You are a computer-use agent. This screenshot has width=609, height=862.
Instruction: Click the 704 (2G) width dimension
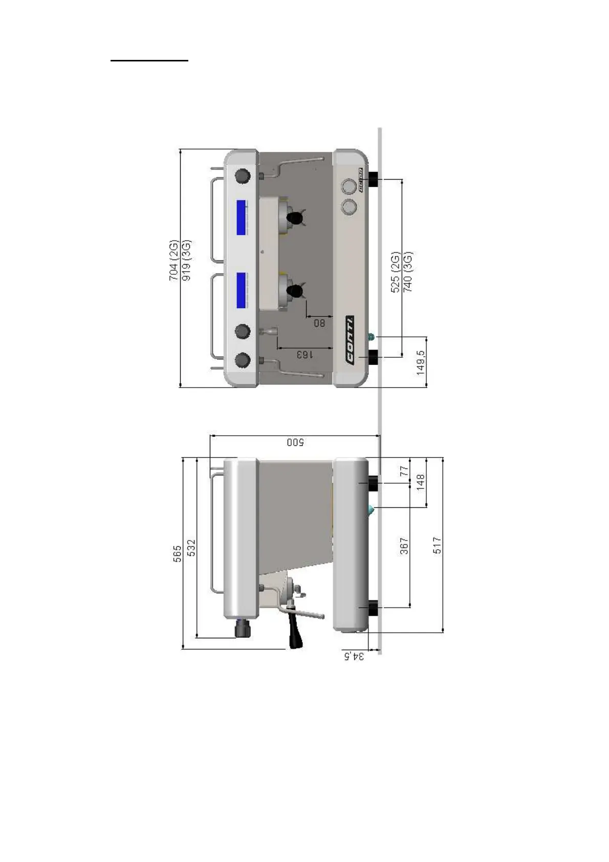click(x=173, y=260)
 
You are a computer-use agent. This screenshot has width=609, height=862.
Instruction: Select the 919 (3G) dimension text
click(x=187, y=260)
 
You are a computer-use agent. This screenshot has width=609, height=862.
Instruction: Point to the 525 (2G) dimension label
click(x=395, y=272)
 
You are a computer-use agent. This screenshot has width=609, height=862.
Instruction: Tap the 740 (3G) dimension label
click(x=408, y=272)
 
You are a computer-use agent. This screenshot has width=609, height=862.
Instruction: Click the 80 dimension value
click(x=319, y=323)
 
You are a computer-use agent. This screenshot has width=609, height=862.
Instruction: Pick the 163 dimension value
click(x=303, y=354)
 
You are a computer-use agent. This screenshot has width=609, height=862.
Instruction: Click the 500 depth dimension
click(x=295, y=442)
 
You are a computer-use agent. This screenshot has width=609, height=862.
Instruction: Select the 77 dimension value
click(x=404, y=470)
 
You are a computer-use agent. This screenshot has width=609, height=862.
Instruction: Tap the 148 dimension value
click(x=421, y=482)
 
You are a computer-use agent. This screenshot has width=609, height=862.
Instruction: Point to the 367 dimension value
click(x=404, y=545)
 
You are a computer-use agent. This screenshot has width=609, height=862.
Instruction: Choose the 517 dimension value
click(x=437, y=545)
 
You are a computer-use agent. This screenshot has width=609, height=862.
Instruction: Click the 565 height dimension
click(x=177, y=554)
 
